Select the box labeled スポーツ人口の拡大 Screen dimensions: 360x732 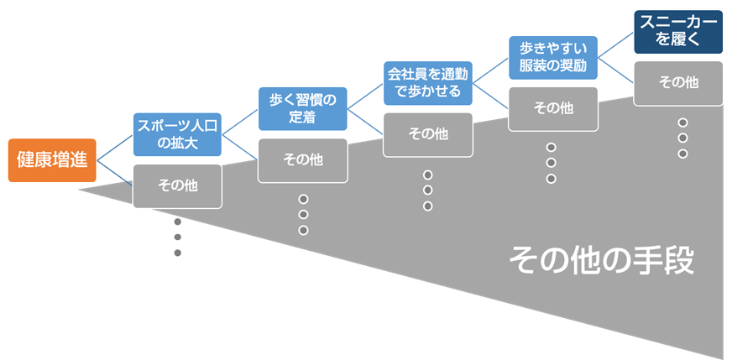(177, 133)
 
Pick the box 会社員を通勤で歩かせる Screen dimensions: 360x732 (427, 82)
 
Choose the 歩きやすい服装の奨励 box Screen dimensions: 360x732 (552, 57)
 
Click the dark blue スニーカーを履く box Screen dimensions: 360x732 (677, 32)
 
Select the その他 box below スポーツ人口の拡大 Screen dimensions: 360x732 (177, 185)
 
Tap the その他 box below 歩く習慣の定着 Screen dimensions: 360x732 (301, 159)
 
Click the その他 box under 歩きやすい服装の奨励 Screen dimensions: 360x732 (552, 108)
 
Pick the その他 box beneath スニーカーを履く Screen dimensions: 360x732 (677, 83)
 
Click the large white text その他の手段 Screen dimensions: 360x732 (601, 261)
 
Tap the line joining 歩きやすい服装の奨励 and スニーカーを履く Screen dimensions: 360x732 (615, 44)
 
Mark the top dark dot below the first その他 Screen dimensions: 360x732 (178, 222)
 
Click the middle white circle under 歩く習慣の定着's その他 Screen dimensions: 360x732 (303, 215)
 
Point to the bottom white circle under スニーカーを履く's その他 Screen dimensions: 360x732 (682, 154)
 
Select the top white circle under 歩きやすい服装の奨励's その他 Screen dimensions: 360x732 (551, 148)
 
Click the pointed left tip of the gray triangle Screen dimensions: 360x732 (81, 190)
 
